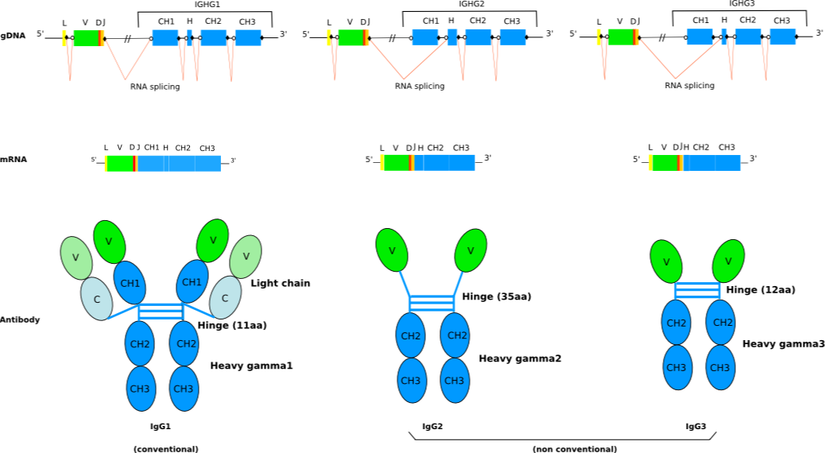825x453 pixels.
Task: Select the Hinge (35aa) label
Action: tap(497, 296)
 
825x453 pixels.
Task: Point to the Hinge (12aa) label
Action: tap(761, 290)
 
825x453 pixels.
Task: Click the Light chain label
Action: tap(281, 283)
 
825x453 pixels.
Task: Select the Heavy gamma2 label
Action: tap(520, 358)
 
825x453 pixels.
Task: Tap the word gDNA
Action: tap(13, 35)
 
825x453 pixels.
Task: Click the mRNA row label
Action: tap(13, 160)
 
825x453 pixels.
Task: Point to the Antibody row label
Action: tap(19, 319)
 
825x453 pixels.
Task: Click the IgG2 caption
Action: tap(432, 427)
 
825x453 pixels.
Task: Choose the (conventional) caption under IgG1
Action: tap(165, 449)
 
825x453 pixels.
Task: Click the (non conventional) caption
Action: tap(575, 449)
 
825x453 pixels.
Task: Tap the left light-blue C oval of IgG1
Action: tap(96, 298)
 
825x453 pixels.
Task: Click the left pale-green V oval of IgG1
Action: tap(76, 257)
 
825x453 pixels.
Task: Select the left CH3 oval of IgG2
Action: tap(411, 381)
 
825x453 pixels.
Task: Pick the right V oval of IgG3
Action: tap(728, 261)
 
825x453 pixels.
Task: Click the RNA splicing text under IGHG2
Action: tap(420, 87)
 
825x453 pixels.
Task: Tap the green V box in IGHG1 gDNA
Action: tap(86, 37)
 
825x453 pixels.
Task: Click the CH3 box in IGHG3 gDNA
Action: tap(783, 37)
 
